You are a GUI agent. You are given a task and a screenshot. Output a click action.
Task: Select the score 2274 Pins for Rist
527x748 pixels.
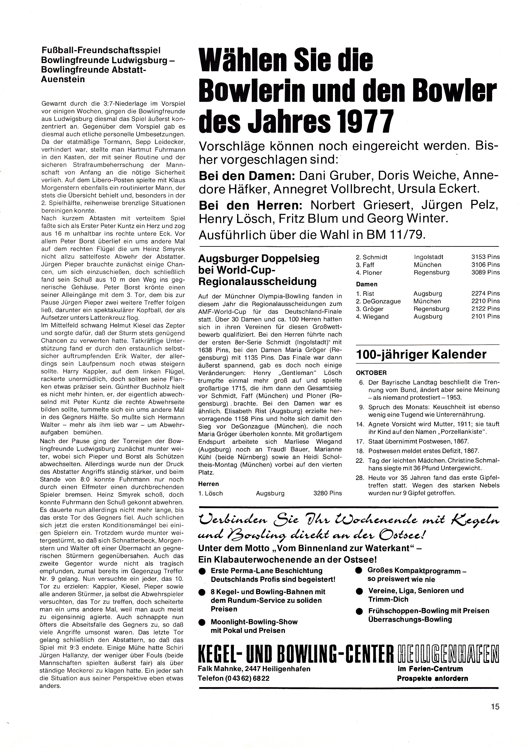[485, 293]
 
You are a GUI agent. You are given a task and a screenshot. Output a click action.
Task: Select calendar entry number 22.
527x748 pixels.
[361, 460]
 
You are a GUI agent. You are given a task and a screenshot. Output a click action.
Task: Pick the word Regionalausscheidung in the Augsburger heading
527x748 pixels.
[258, 281]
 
